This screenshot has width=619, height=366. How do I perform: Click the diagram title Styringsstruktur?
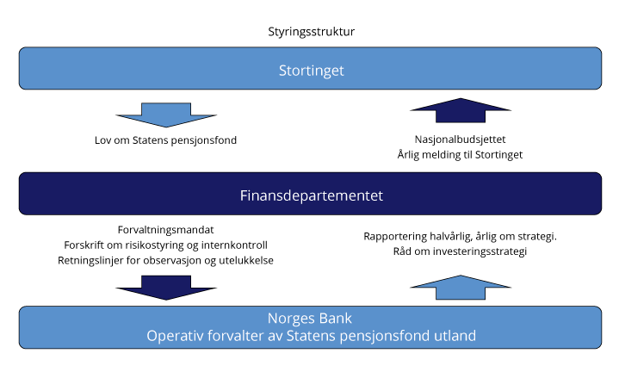click(x=312, y=32)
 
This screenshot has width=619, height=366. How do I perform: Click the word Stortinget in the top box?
click(x=310, y=70)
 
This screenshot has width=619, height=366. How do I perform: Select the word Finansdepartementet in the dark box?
click(x=311, y=195)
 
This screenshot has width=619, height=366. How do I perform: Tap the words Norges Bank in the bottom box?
click(x=310, y=317)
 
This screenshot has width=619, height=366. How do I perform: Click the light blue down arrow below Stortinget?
click(x=166, y=113)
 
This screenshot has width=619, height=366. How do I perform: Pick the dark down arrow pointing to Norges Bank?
click(x=165, y=287)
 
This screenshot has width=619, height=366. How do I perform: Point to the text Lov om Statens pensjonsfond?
click(x=166, y=140)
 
